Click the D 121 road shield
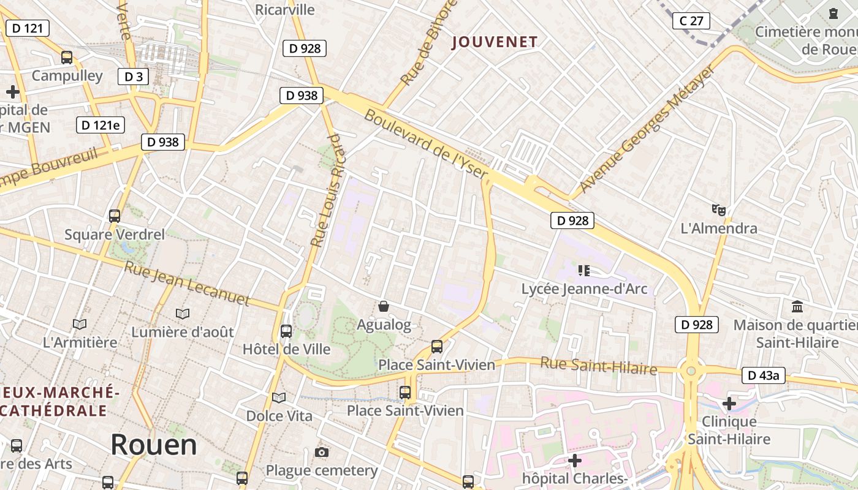coord(27,28)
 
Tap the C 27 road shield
coord(691,21)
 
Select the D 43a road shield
coord(764,375)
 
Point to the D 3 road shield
coord(133,77)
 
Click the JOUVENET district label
coord(495,42)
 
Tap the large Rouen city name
coord(154,445)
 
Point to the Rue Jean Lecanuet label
coord(187,283)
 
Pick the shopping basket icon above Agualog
coord(384,306)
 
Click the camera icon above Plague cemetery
coord(321,453)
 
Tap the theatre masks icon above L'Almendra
coord(719,210)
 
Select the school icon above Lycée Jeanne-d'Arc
coord(583,270)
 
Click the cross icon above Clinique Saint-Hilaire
coord(729,404)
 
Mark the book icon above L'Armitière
coord(80,324)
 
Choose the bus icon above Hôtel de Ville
coord(286,331)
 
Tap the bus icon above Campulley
coord(67,58)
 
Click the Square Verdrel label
coord(115,235)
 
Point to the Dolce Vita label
coord(279,416)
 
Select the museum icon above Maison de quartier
coord(797,306)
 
